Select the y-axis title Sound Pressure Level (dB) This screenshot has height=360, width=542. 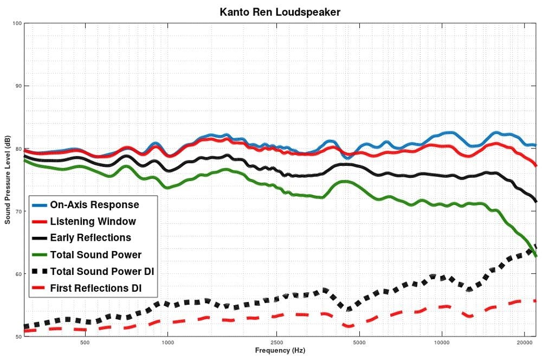[x=8, y=180]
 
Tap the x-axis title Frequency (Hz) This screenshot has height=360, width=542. [x=280, y=351]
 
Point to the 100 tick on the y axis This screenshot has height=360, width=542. [x=17, y=23]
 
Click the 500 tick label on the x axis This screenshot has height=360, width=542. [x=85, y=343]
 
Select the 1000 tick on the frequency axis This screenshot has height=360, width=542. [x=167, y=343]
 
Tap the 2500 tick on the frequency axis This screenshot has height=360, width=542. [x=276, y=343]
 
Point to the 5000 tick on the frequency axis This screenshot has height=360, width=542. [x=359, y=343]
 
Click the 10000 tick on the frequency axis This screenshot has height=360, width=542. [x=441, y=343]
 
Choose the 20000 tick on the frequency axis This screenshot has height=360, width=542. [x=524, y=343]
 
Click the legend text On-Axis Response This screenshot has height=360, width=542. [x=94, y=205]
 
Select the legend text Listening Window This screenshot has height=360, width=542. [x=93, y=221]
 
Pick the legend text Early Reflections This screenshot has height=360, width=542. [x=91, y=237]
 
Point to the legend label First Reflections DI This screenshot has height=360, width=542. [x=95, y=288]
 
